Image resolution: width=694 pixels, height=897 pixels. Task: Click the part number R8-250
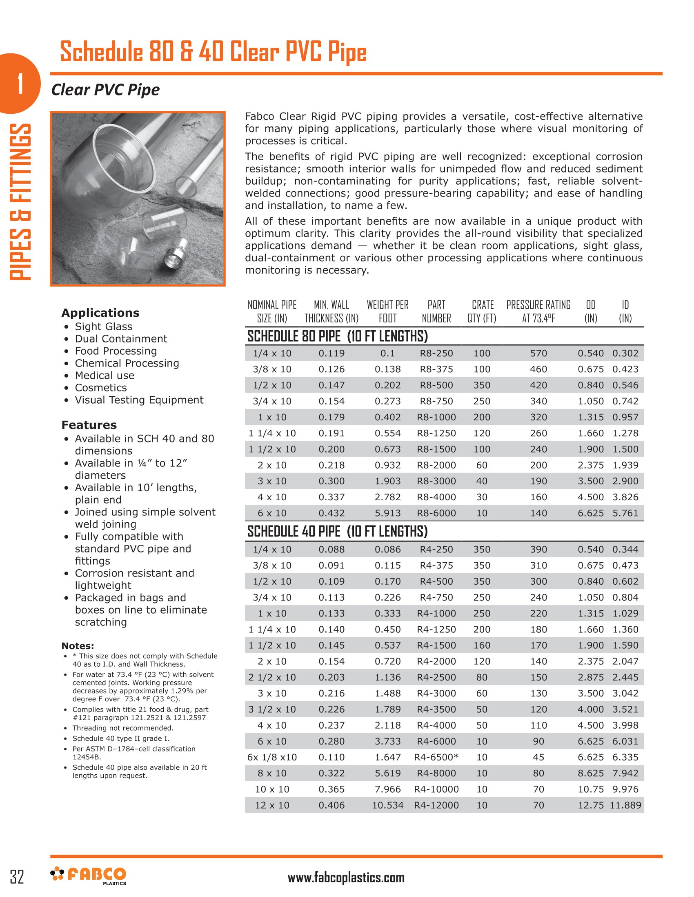point(436,353)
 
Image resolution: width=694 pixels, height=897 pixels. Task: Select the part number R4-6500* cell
point(436,757)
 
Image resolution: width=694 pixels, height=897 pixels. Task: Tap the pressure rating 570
point(538,353)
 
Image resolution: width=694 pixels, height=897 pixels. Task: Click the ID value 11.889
point(625,805)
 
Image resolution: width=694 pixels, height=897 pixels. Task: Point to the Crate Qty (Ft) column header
point(482,312)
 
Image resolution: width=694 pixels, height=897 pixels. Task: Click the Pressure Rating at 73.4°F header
point(538,312)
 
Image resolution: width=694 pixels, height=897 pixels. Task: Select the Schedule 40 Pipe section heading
point(337,531)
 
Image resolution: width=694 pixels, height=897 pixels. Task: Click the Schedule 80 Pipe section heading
point(337,336)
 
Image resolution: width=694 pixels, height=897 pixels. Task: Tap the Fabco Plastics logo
point(89,876)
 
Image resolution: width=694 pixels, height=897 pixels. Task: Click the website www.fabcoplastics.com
point(346,878)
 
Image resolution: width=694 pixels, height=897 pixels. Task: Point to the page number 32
point(17,877)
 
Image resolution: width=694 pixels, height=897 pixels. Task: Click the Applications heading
point(100,313)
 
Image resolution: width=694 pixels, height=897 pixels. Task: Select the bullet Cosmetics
point(100,388)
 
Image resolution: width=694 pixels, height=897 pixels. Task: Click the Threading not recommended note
point(123,728)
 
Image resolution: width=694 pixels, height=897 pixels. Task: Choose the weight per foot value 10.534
point(387,805)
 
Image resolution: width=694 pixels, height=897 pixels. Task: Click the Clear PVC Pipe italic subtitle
point(105,90)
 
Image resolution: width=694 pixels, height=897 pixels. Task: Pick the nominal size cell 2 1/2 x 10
point(272,677)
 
